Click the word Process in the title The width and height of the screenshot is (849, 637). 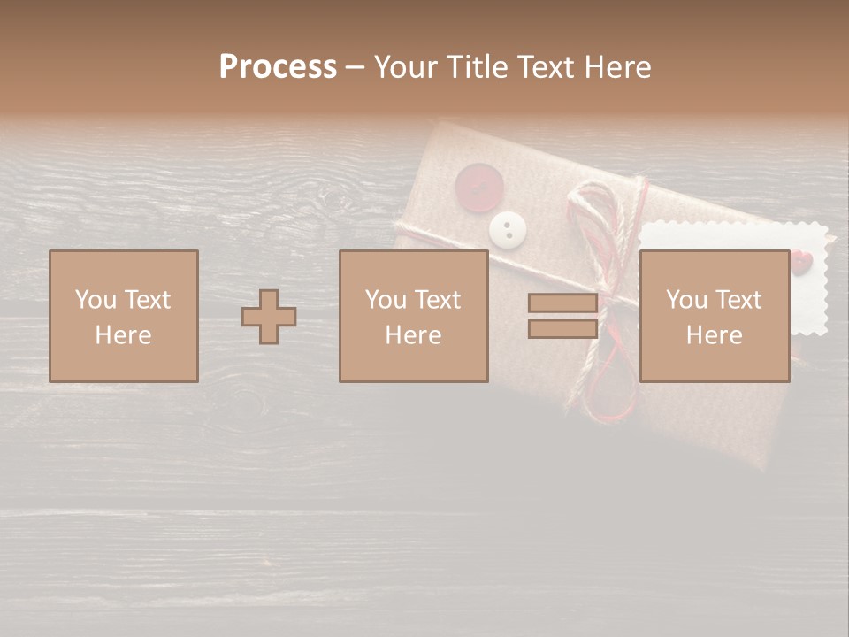278,67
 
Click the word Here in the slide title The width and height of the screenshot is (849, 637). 619,67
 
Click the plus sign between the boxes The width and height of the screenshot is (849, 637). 269,317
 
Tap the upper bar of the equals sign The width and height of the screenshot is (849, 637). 562,303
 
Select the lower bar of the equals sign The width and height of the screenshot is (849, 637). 562,328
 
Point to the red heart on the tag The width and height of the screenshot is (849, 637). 800,261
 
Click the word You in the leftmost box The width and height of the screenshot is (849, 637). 96,300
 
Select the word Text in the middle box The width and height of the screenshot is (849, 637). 438,300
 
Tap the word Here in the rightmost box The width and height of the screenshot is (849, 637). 715,335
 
